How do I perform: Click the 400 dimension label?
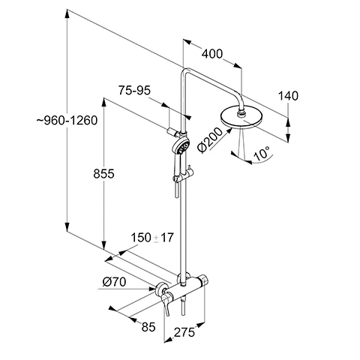(213, 54)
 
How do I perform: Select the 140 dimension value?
(289, 95)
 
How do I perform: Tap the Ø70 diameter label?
(114, 282)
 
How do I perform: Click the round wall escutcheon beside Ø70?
(160, 288)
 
